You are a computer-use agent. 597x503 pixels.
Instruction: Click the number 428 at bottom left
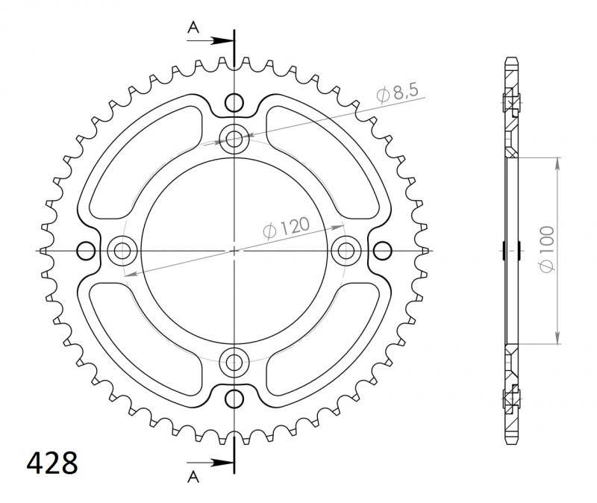click(x=52, y=463)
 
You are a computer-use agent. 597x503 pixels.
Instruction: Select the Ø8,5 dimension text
click(x=398, y=93)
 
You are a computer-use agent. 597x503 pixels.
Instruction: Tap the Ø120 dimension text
click(x=287, y=228)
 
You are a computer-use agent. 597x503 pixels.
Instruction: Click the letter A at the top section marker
click(x=193, y=28)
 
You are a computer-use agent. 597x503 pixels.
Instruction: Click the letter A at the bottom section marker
click(x=193, y=475)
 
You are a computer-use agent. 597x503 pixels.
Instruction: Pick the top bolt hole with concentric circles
click(x=235, y=138)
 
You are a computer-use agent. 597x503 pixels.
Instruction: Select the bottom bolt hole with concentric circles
click(x=235, y=363)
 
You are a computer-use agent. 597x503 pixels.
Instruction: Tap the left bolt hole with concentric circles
click(x=122, y=251)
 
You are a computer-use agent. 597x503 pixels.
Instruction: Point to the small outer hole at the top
click(x=235, y=102)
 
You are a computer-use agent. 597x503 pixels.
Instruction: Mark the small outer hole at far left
click(x=87, y=251)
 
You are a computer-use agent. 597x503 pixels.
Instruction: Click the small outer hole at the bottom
click(x=235, y=398)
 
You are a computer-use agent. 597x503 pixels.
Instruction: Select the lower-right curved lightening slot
click(x=328, y=343)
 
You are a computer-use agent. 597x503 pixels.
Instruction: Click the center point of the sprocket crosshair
click(x=235, y=251)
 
